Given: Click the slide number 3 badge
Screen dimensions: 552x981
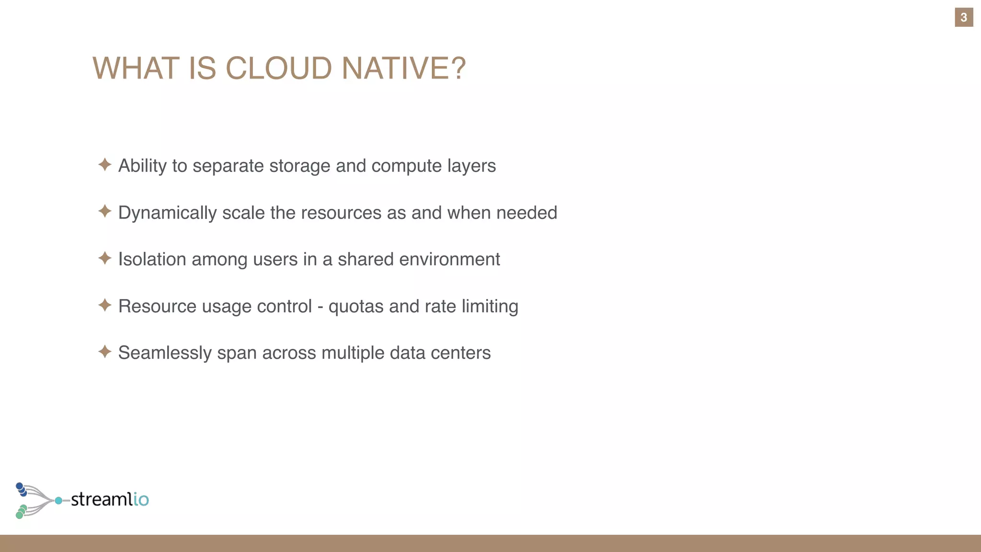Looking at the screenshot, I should click(963, 18).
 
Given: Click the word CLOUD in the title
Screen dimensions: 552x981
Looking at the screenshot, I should click(278, 68).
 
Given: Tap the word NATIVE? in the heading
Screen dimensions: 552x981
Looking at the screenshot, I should click(403, 68).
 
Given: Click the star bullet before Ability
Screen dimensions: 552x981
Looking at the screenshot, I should click(105, 165).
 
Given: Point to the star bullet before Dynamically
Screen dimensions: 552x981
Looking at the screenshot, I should click(105, 211).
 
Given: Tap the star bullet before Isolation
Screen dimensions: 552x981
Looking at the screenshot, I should click(105, 258).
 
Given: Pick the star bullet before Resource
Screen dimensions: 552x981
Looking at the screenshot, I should click(105, 305).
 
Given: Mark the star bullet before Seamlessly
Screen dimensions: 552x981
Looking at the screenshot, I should click(105, 352).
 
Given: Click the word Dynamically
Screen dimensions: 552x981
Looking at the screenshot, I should click(167, 213).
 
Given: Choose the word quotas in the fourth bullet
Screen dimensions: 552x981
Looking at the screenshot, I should click(355, 306).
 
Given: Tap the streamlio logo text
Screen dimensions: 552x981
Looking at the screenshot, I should click(110, 499).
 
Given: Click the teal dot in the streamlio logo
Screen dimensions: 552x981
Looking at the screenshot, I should click(58, 501).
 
